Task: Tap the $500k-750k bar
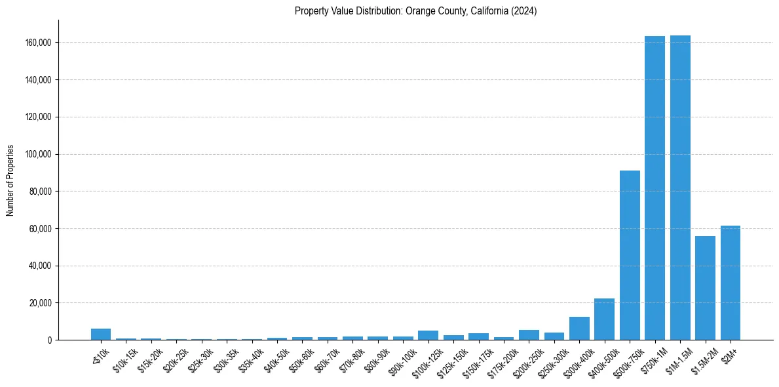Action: [630, 255]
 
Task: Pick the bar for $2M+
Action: [731, 283]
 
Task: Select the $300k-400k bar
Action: [579, 329]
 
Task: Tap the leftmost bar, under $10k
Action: [101, 335]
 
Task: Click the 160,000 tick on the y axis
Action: [39, 43]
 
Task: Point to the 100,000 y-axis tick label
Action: [39, 154]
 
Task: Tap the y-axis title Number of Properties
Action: [10, 180]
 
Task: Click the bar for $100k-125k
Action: [428, 335]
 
